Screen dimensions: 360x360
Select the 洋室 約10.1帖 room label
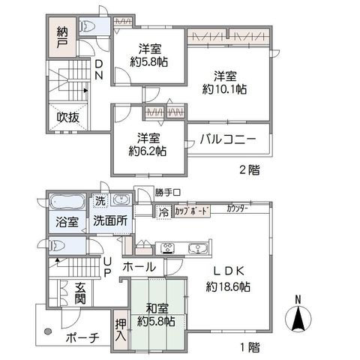pyautogui.click(x=224, y=82)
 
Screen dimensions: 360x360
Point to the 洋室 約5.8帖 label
pyautogui.click(x=149, y=55)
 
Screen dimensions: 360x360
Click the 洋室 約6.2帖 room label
pyautogui.click(x=148, y=144)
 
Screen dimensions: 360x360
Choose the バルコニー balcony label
pyautogui.click(x=228, y=139)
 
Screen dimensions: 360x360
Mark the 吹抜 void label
pyautogui.click(x=68, y=118)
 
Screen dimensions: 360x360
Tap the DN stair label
pyautogui.click(x=98, y=70)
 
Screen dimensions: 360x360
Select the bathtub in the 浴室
pyautogui.click(x=67, y=202)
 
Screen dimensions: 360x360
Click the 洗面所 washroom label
pyautogui.click(x=110, y=221)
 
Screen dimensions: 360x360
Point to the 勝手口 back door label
pyautogui.click(x=167, y=193)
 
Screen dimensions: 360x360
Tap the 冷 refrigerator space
pyautogui.click(x=163, y=212)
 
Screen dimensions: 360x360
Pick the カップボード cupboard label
pyautogui.click(x=191, y=211)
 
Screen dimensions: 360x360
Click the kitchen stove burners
pyautogui.click(x=167, y=248)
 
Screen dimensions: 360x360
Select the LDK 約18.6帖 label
pyautogui.click(x=228, y=279)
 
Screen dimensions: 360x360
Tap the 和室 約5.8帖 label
pyautogui.click(x=156, y=315)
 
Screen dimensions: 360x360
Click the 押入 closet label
pyautogui.click(x=121, y=331)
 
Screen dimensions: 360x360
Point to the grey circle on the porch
pyautogui.click(x=47, y=331)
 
